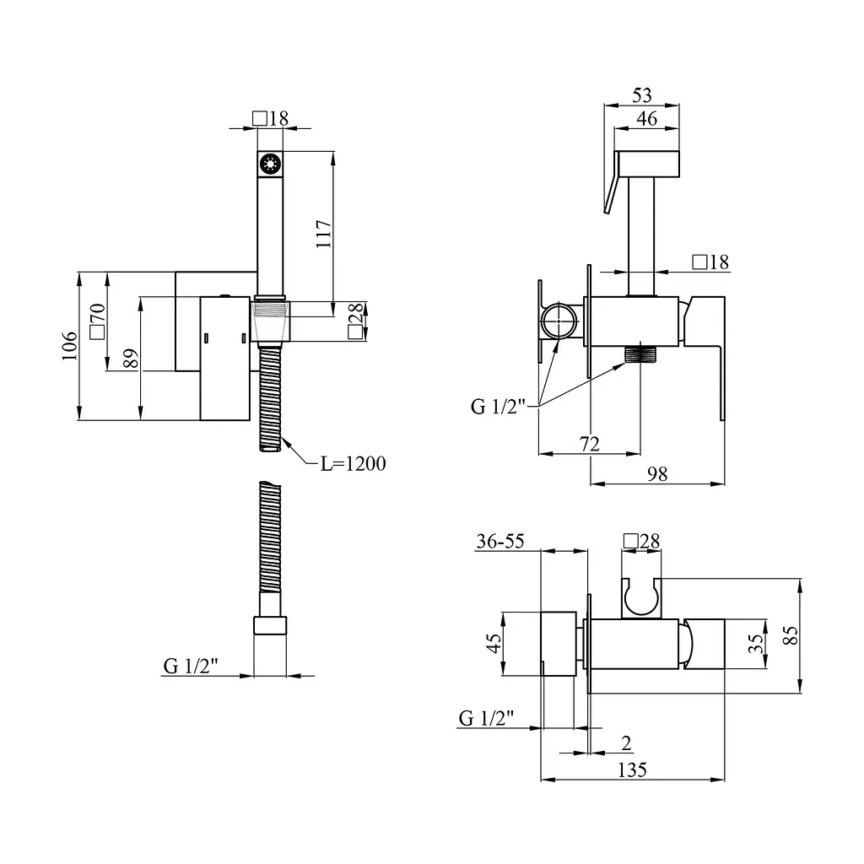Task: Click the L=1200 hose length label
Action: tap(354, 463)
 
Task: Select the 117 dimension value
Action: tap(323, 234)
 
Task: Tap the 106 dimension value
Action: tap(69, 346)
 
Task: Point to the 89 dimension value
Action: tap(131, 359)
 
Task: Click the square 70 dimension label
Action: tap(97, 321)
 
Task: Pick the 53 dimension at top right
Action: tap(642, 95)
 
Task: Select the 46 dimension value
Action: tap(647, 118)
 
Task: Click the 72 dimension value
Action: tap(590, 444)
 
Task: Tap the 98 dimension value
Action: tap(657, 474)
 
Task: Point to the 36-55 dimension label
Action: tap(500, 541)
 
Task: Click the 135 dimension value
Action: tap(632, 769)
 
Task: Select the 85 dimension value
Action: tap(791, 635)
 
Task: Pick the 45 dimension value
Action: tap(494, 643)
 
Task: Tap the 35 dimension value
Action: tap(757, 644)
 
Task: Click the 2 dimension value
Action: tap(626, 743)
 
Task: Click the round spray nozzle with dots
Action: tap(270, 165)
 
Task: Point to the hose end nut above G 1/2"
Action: tap(270, 625)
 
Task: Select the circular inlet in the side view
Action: tap(559, 320)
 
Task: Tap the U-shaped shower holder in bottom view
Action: tap(641, 598)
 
